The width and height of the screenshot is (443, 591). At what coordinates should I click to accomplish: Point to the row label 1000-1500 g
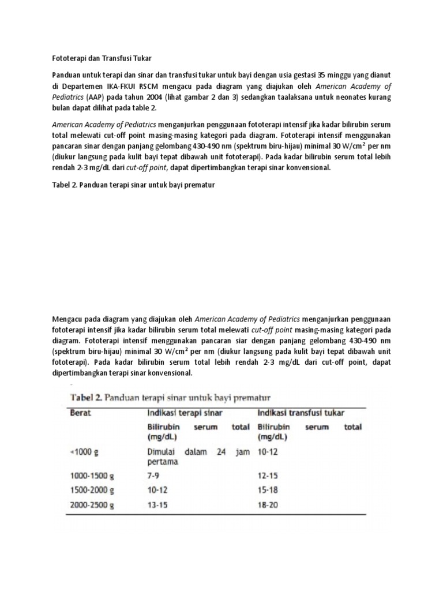click(92, 477)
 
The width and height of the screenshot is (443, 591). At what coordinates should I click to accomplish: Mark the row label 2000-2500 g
click(92, 506)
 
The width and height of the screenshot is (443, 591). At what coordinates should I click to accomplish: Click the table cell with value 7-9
click(154, 477)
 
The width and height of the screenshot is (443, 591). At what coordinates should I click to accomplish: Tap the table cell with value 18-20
click(268, 506)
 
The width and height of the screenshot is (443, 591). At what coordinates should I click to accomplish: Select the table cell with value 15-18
click(268, 491)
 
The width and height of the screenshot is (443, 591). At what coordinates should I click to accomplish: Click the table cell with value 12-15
click(268, 477)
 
